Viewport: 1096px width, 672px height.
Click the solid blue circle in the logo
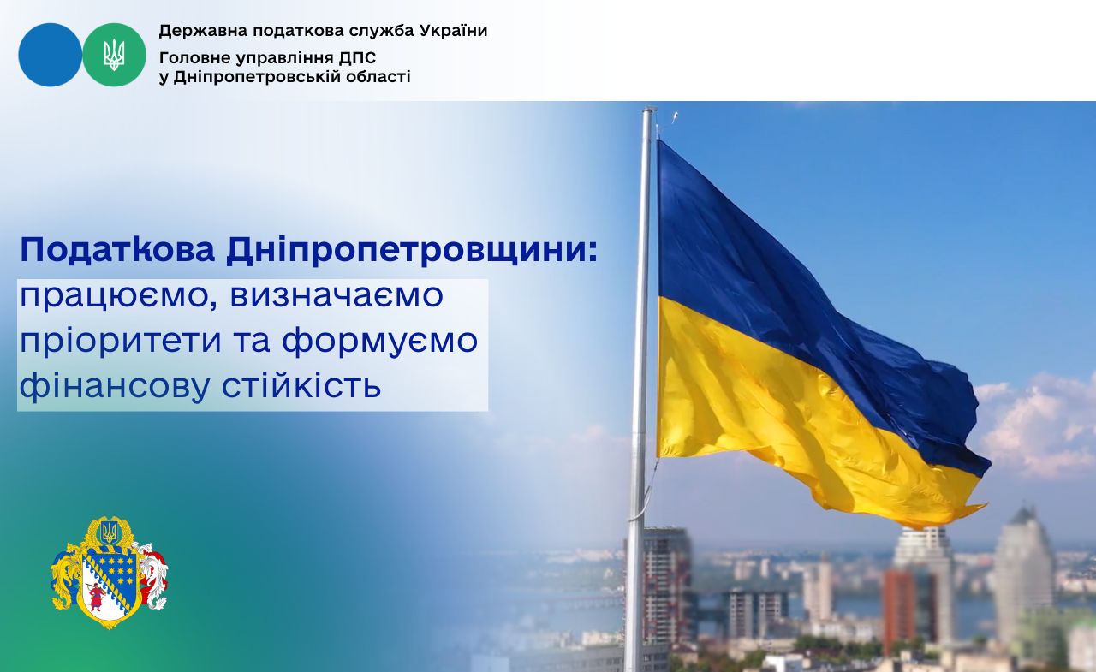[x=50, y=55]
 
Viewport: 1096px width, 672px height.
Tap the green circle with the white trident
[x=114, y=55]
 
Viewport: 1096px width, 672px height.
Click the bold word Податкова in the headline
[x=117, y=251]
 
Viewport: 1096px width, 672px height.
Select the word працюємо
[x=118, y=297]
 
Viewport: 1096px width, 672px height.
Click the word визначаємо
[x=337, y=296]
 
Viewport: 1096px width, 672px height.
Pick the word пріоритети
[x=121, y=342]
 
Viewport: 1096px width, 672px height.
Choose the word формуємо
[x=379, y=342]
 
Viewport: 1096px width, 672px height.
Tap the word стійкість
[x=301, y=385]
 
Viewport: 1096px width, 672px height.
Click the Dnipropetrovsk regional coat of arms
[x=110, y=573]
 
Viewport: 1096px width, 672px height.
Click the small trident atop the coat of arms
[x=109, y=532]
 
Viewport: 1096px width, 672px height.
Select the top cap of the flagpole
[x=649, y=110]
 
